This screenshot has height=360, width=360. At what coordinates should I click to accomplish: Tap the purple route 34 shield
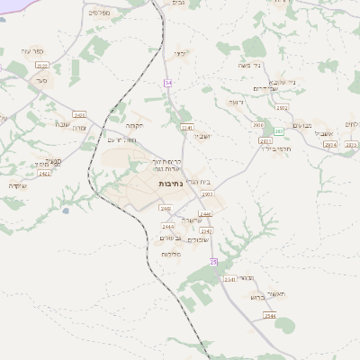coord(167,83)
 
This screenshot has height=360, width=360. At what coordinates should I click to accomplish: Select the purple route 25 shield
coord(213,261)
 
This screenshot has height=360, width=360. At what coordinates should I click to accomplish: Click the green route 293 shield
coord(279,130)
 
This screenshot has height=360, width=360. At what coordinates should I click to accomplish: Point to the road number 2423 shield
coord(44,174)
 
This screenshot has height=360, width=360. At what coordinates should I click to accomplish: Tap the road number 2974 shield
coord(329,144)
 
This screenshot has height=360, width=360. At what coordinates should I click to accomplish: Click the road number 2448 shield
coord(205,214)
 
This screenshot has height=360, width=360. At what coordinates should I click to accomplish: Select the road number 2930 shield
coord(258,126)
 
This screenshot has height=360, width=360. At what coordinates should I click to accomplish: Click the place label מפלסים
coord(100,12)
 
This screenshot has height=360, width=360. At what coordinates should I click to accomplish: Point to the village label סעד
coord(41,80)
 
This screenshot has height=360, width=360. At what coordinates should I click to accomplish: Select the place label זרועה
coord(235,102)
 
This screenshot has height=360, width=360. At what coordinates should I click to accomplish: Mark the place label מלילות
coord(172,255)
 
